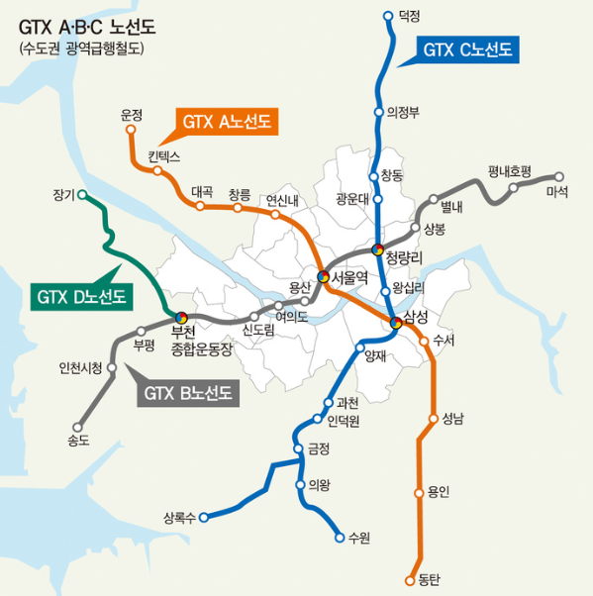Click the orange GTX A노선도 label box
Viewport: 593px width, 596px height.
click(x=227, y=121)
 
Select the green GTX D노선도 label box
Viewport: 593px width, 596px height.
click(x=83, y=295)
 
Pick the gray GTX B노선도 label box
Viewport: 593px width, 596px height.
click(x=188, y=393)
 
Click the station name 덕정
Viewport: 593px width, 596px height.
click(x=409, y=17)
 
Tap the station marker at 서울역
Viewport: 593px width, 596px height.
click(x=323, y=276)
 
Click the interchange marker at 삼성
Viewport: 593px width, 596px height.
click(x=396, y=321)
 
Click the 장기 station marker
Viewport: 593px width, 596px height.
click(x=82, y=194)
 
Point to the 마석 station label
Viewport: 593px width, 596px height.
click(x=557, y=192)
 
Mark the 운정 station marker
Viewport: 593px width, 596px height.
click(x=131, y=130)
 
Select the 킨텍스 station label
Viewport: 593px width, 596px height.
click(x=164, y=156)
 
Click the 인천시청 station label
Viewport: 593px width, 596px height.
click(x=80, y=369)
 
